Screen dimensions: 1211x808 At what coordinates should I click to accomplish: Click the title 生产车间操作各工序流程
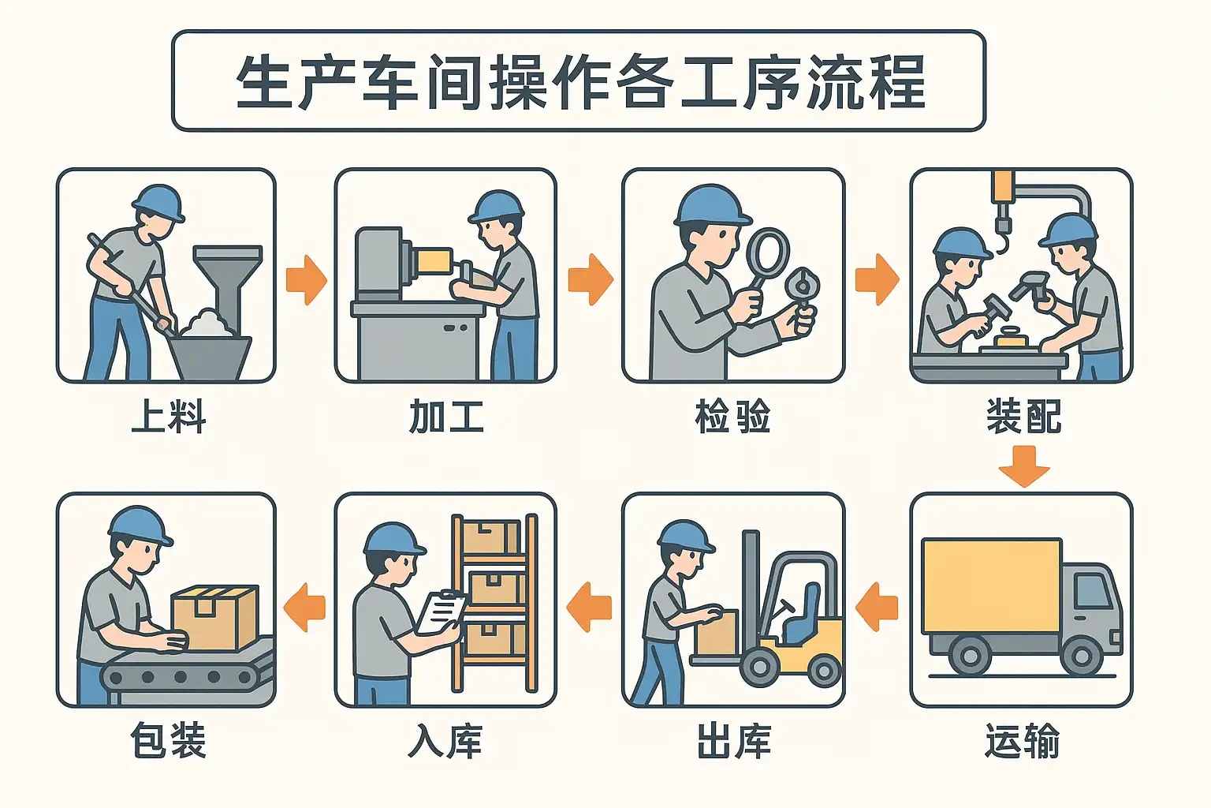[581, 82]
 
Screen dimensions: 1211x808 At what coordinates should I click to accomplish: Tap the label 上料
[169, 416]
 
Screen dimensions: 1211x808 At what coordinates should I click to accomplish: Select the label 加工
[446, 416]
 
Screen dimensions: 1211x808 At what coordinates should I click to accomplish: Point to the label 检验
[732, 416]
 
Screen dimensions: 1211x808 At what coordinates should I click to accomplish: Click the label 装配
[1023, 416]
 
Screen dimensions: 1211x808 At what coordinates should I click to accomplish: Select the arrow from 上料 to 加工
[307, 280]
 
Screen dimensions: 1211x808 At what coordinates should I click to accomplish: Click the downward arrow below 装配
[1024, 466]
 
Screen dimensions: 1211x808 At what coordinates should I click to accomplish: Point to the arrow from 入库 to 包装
[305, 608]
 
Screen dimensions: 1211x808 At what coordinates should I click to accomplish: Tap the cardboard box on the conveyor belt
[214, 617]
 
